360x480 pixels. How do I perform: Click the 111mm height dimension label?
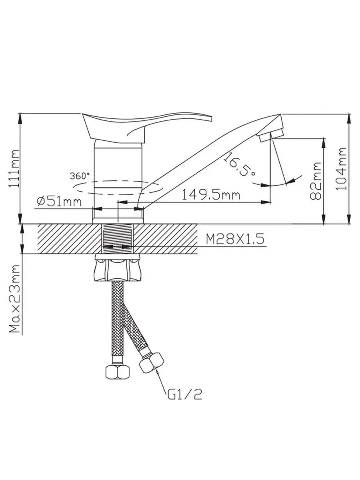coord(14,168)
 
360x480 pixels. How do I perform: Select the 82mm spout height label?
coord(316,181)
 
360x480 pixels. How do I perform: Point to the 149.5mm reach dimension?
coord(211,195)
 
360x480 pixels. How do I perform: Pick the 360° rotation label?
coord(80,176)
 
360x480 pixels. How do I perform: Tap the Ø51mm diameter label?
coord(59,202)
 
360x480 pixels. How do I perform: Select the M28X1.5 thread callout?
coord(235,239)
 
